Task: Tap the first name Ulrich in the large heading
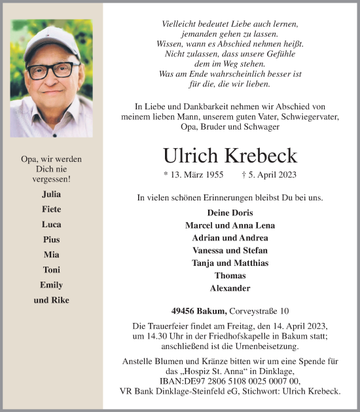[190, 155]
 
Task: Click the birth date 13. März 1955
[193, 176]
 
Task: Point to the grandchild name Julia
[52, 195]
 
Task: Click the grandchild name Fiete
[52, 210]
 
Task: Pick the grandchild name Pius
[52, 240]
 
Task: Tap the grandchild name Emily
[52, 285]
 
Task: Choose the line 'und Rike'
[52, 300]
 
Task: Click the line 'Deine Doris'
[230, 213]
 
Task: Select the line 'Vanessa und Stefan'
[230, 250]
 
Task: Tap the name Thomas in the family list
[230, 276]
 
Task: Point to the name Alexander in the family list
[230, 288]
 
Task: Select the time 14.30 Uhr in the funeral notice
[154, 336]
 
